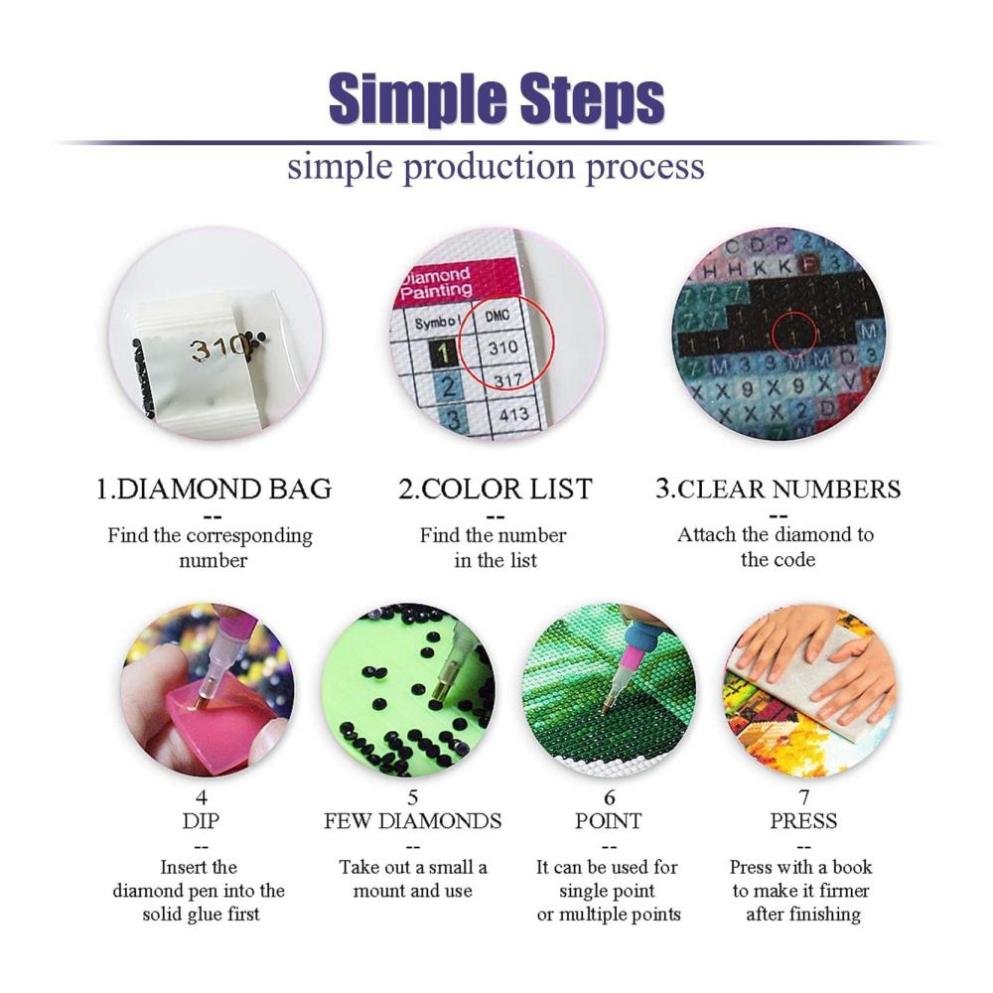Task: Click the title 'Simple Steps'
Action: point(496,100)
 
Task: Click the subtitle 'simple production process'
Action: point(496,167)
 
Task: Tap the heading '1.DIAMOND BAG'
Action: point(213,489)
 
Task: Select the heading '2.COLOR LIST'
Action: point(496,489)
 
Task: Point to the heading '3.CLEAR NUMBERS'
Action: point(778,489)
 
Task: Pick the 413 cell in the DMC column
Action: point(513,413)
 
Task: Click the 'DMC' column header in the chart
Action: point(497,316)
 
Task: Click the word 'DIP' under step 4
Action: point(201,821)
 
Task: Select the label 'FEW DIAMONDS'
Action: point(413,821)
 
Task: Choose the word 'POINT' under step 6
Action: point(608,821)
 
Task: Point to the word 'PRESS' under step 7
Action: point(803,821)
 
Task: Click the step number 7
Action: point(803,796)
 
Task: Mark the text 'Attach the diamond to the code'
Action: point(777,547)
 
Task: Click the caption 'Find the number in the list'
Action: point(494,548)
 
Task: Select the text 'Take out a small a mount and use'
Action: point(413,879)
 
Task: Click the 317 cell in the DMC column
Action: point(507,380)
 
